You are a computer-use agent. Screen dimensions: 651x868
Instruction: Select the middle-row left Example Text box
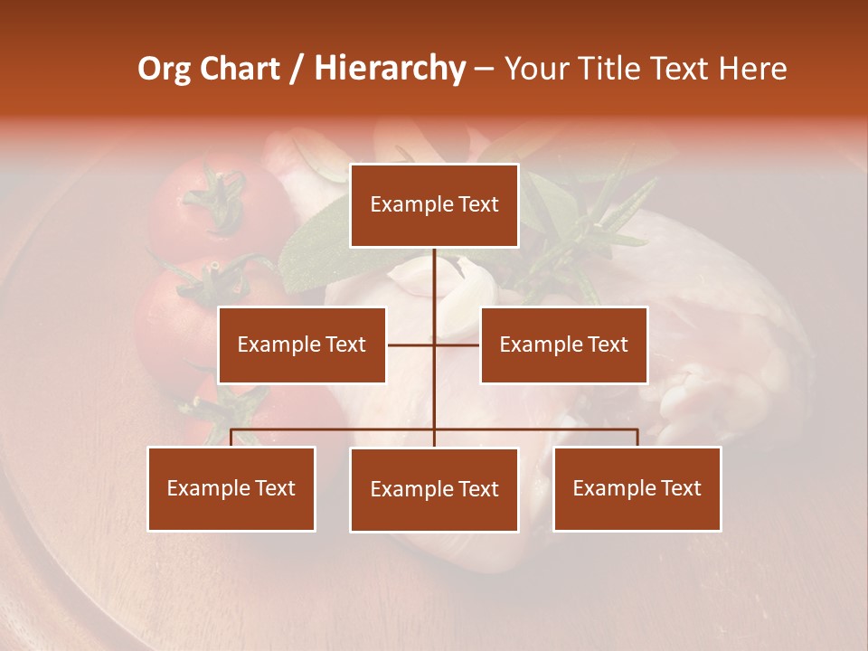coord(301,344)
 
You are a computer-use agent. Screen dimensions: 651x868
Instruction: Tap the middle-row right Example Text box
coord(563,344)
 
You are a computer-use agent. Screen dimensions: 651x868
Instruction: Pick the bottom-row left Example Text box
coord(231,488)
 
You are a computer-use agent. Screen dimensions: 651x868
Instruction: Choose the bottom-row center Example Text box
coord(434,489)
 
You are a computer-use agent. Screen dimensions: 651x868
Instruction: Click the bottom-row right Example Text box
coord(637,488)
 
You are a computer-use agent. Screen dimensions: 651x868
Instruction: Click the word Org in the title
coord(164,69)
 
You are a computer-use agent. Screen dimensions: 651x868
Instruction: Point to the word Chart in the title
coord(240,69)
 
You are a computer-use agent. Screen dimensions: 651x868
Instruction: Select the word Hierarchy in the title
coord(390,69)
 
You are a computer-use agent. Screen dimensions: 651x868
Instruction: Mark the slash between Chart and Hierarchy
coord(297,69)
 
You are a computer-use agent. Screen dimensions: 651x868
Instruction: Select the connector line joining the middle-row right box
coord(458,344)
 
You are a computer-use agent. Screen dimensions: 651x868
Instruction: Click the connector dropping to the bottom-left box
coord(231,437)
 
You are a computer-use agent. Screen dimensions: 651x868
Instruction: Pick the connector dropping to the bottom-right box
coord(637,437)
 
